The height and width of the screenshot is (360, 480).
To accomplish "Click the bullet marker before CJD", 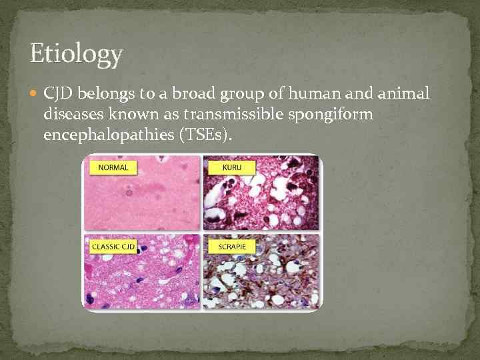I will (x=35, y=94).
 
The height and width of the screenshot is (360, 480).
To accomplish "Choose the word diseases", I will (x=74, y=115).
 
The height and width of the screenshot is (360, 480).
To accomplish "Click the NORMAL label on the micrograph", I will (x=113, y=167).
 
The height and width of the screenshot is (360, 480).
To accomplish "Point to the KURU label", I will (x=223, y=167).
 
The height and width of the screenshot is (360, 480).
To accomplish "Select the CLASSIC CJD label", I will (x=113, y=246).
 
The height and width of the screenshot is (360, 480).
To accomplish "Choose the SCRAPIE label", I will (x=228, y=246).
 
